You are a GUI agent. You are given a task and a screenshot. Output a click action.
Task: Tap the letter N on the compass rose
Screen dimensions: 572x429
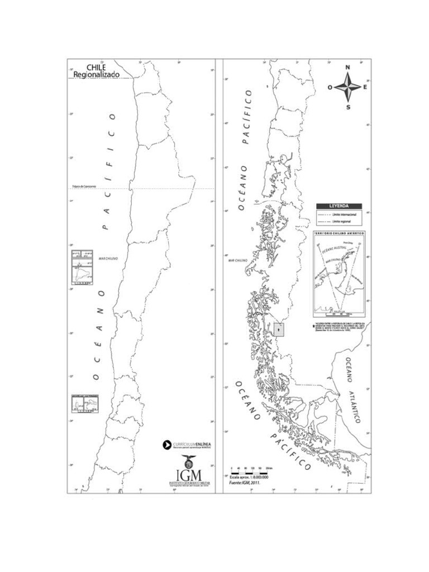(x=348, y=68)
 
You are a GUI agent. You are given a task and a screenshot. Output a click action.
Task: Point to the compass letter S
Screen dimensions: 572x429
(x=348, y=107)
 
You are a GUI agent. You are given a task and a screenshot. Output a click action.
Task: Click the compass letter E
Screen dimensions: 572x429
(x=365, y=87)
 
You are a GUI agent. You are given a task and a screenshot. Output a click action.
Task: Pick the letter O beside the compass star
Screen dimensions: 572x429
(x=330, y=88)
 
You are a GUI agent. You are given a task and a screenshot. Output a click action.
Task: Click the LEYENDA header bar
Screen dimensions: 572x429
(x=339, y=206)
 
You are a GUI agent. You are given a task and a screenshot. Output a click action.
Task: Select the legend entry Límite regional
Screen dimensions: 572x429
(x=344, y=222)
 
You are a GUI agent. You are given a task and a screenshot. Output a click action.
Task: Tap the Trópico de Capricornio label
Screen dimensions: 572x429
(x=84, y=186)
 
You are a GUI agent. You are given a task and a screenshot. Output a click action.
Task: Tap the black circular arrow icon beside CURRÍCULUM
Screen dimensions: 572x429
(x=166, y=445)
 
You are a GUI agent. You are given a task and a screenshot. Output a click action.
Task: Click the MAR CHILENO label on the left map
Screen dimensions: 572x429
(x=106, y=259)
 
